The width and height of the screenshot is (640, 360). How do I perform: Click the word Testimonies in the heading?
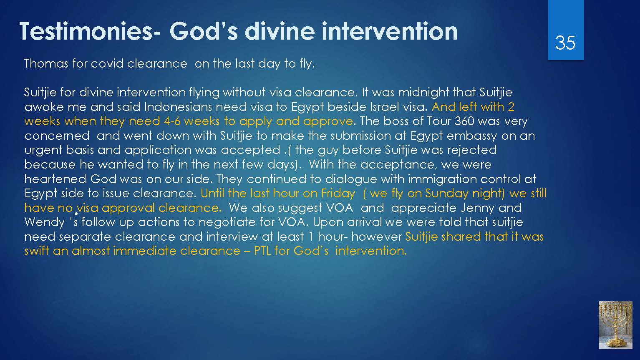[x=86, y=31]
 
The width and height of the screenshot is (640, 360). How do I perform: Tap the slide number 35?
[x=565, y=43]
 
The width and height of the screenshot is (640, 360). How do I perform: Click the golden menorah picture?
[x=615, y=325]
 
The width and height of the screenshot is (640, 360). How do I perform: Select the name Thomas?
[x=46, y=63]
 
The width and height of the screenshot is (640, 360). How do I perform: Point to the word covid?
[x=107, y=63]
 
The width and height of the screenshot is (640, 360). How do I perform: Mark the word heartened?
[x=55, y=179]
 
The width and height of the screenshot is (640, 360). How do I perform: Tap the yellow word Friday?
[x=338, y=194]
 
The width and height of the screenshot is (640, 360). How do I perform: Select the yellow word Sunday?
[x=446, y=194]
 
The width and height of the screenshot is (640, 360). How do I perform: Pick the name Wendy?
[x=45, y=223]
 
